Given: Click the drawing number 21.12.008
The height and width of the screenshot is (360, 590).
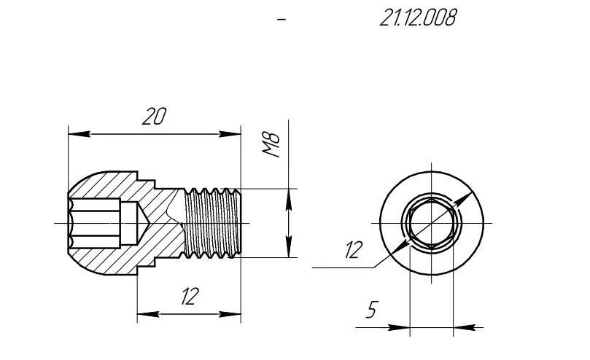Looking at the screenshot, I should pyautogui.click(x=418, y=19).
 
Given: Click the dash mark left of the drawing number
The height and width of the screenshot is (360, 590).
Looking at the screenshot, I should pyautogui.click(x=282, y=20).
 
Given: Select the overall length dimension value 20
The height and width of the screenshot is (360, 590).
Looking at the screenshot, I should pyautogui.click(x=154, y=117).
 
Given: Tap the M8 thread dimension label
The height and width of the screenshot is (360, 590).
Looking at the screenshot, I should pyautogui.click(x=272, y=146).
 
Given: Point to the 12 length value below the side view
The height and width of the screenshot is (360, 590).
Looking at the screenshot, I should pyautogui.click(x=190, y=297).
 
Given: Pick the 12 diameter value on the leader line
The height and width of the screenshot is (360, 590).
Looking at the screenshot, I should pyautogui.click(x=353, y=251).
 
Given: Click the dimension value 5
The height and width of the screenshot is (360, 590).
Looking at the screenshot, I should pyautogui.click(x=371, y=310).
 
